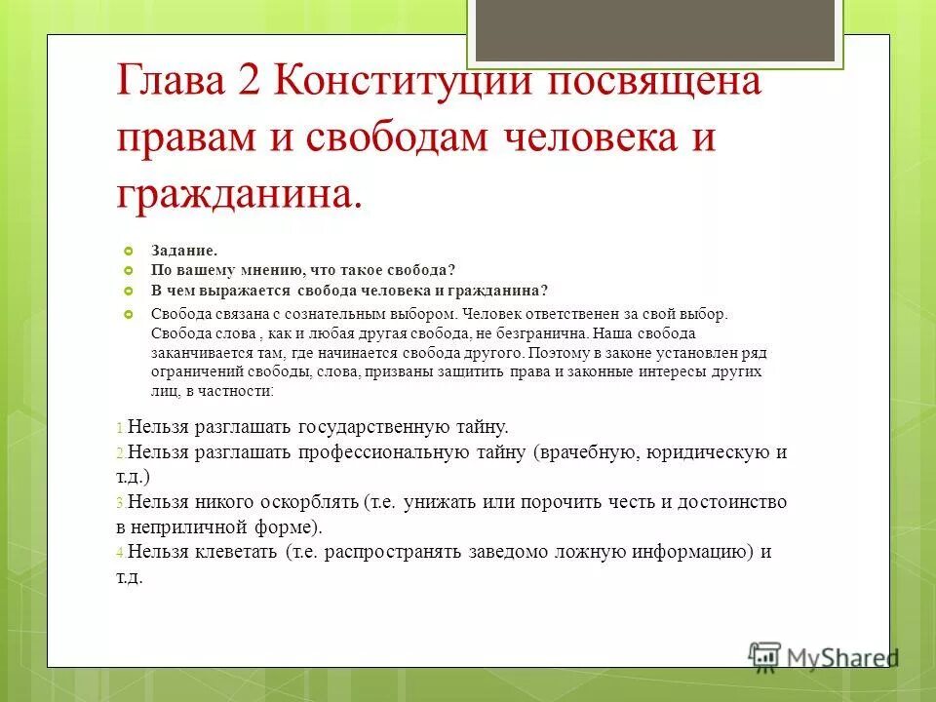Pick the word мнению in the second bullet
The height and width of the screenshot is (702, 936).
(x=270, y=270)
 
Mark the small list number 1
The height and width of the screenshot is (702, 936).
(x=119, y=428)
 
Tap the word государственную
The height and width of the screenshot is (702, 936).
(x=373, y=426)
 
